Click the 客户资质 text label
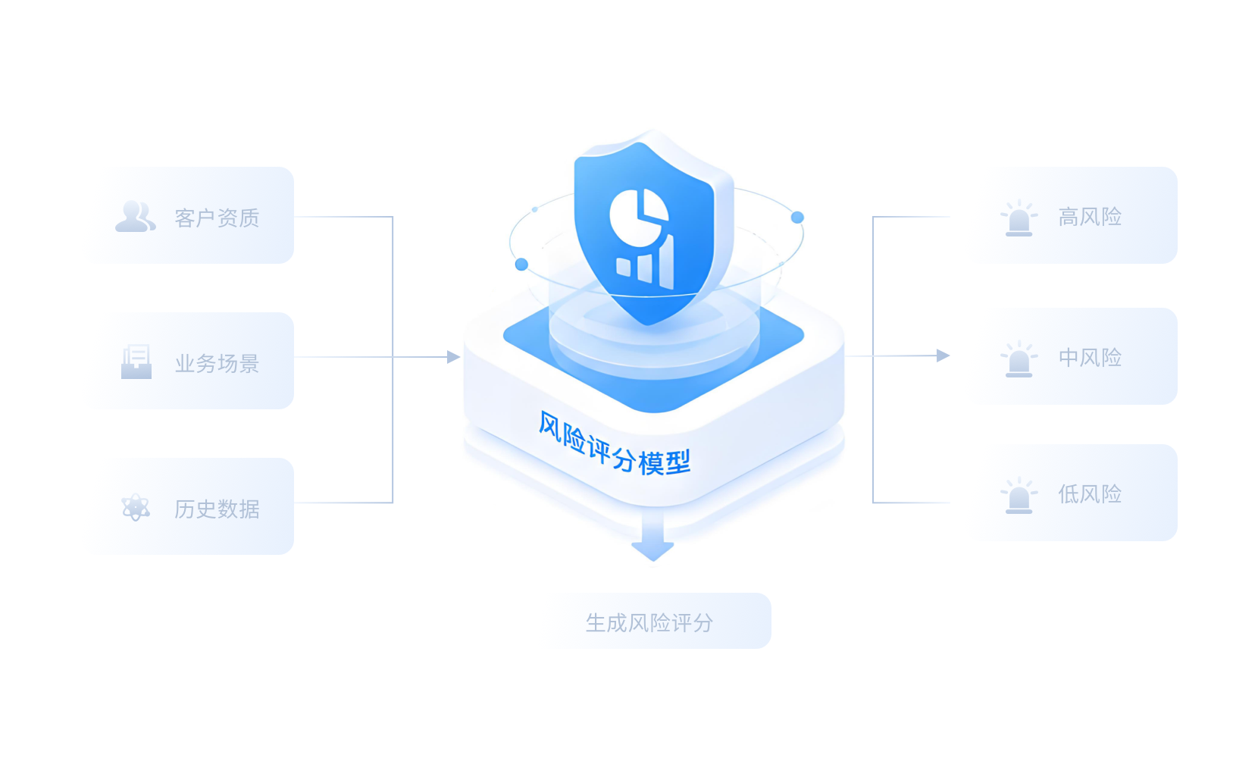pos(217,218)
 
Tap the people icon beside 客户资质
pos(136,216)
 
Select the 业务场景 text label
pos(217,364)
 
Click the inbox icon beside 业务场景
pos(136,362)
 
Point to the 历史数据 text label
pos(217,509)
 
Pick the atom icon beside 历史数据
pos(136,507)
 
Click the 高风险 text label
pos(1090,217)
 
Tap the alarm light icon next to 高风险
pos(1019,218)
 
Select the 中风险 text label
pos(1090,357)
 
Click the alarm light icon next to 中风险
pos(1019,359)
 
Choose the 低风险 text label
pos(1090,494)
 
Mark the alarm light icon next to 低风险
pos(1019,496)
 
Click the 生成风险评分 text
pos(649,622)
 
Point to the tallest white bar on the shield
pos(667,262)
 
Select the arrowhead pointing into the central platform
pos(454,357)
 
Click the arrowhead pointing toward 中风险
pos(943,355)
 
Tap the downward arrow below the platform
pos(652,535)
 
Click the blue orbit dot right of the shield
pos(797,218)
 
